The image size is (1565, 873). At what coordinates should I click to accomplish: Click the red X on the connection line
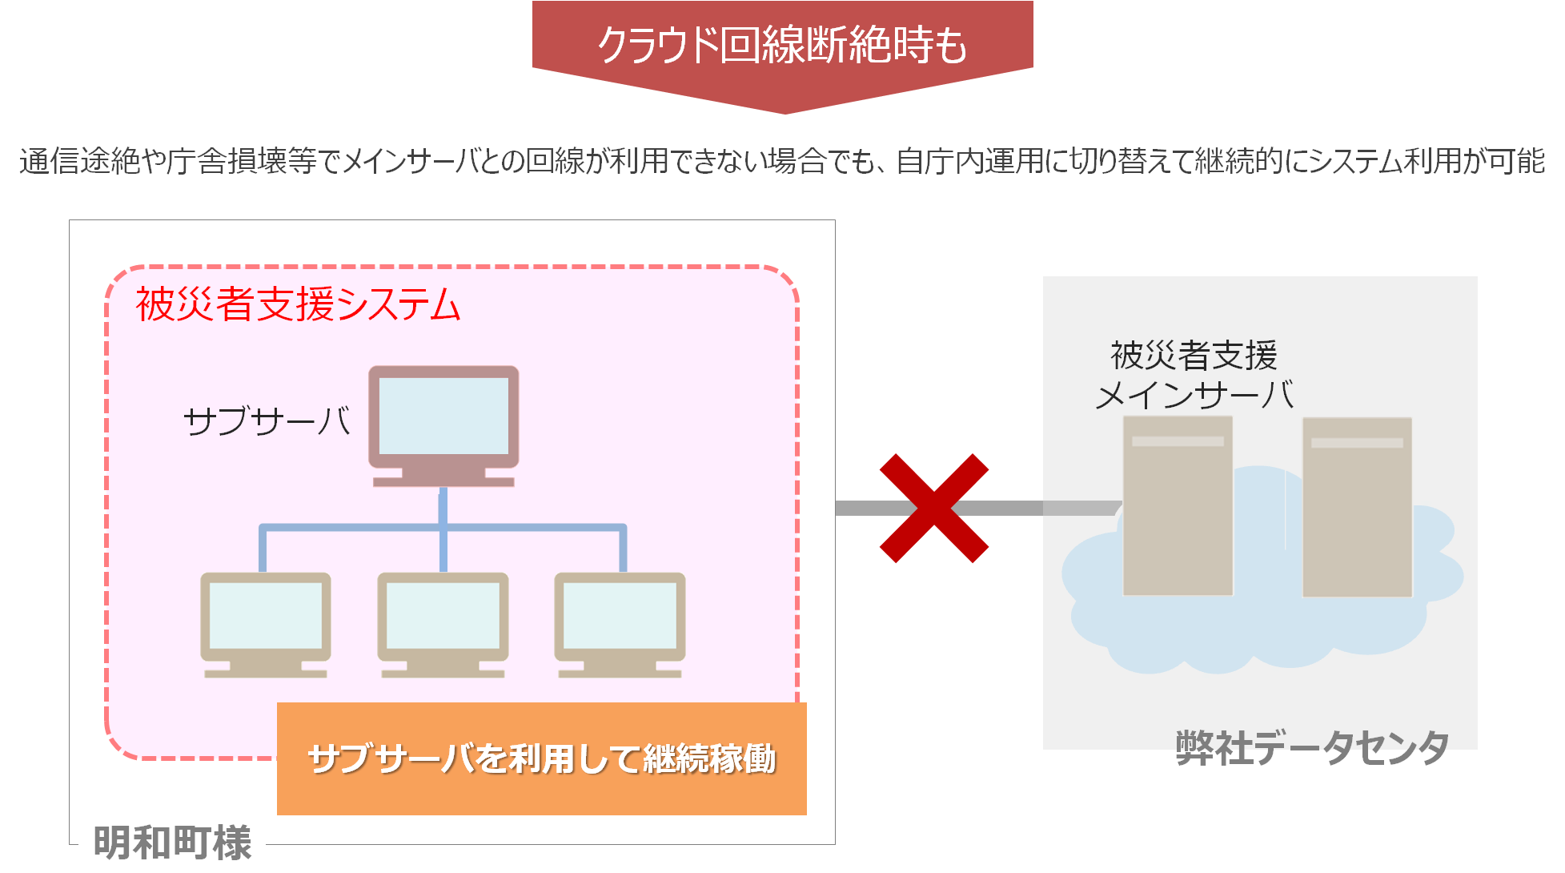tap(934, 509)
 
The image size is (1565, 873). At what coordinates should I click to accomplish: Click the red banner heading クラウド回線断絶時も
tap(782, 45)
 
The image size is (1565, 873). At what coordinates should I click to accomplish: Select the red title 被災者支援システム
tap(298, 305)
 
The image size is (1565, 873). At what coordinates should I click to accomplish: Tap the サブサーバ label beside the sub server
tap(267, 420)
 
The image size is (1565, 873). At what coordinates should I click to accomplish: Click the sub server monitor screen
tap(443, 416)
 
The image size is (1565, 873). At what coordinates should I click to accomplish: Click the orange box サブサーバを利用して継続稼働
tap(542, 758)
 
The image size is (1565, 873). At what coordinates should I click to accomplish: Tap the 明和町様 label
tap(172, 843)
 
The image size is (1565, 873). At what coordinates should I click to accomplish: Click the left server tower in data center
tap(1178, 506)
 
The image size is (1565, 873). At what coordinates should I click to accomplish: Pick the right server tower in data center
tap(1357, 506)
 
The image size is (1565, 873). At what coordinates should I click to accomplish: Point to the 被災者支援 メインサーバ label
tap(1194, 375)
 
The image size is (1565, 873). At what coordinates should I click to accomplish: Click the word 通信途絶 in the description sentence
tap(79, 162)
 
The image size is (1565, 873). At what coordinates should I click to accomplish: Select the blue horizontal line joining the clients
tap(443, 528)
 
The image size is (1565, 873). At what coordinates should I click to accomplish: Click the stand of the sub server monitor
tap(443, 478)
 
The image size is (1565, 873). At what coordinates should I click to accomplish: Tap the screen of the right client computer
tap(620, 615)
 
